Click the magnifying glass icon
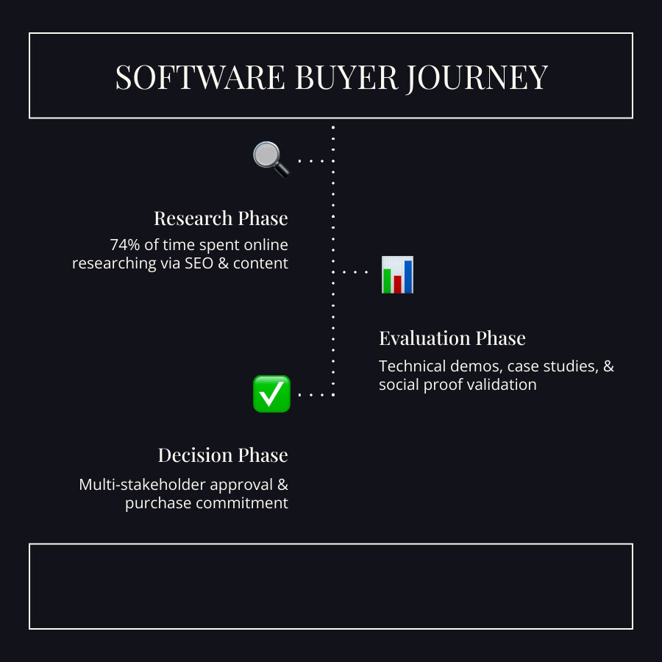tap(271, 158)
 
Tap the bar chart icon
tap(397, 274)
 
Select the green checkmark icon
tap(271, 394)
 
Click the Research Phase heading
tap(221, 218)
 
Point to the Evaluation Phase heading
tap(452, 338)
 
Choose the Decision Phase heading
tap(223, 455)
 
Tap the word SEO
tap(199, 263)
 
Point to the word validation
tap(501, 385)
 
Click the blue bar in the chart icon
tap(408, 276)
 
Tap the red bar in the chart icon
tap(398, 283)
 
